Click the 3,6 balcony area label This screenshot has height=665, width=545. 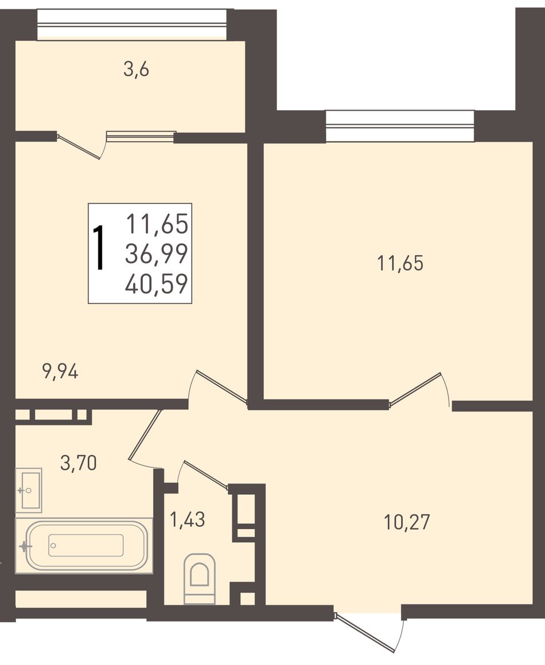click(x=137, y=69)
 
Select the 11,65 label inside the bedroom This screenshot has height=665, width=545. click(x=400, y=263)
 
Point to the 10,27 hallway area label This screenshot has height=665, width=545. click(x=407, y=522)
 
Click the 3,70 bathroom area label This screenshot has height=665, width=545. click(x=79, y=462)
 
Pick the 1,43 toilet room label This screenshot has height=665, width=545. click(x=187, y=519)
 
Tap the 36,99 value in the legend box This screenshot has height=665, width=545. click(x=157, y=254)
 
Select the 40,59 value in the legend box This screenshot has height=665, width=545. click(x=157, y=284)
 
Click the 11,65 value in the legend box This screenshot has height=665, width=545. click(x=157, y=224)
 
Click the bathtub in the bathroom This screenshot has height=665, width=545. click(x=84, y=545)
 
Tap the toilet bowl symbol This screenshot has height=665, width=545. click(x=200, y=578)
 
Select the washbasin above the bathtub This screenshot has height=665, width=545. click(x=29, y=490)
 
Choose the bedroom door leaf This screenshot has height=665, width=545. click(x=415, y=389)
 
